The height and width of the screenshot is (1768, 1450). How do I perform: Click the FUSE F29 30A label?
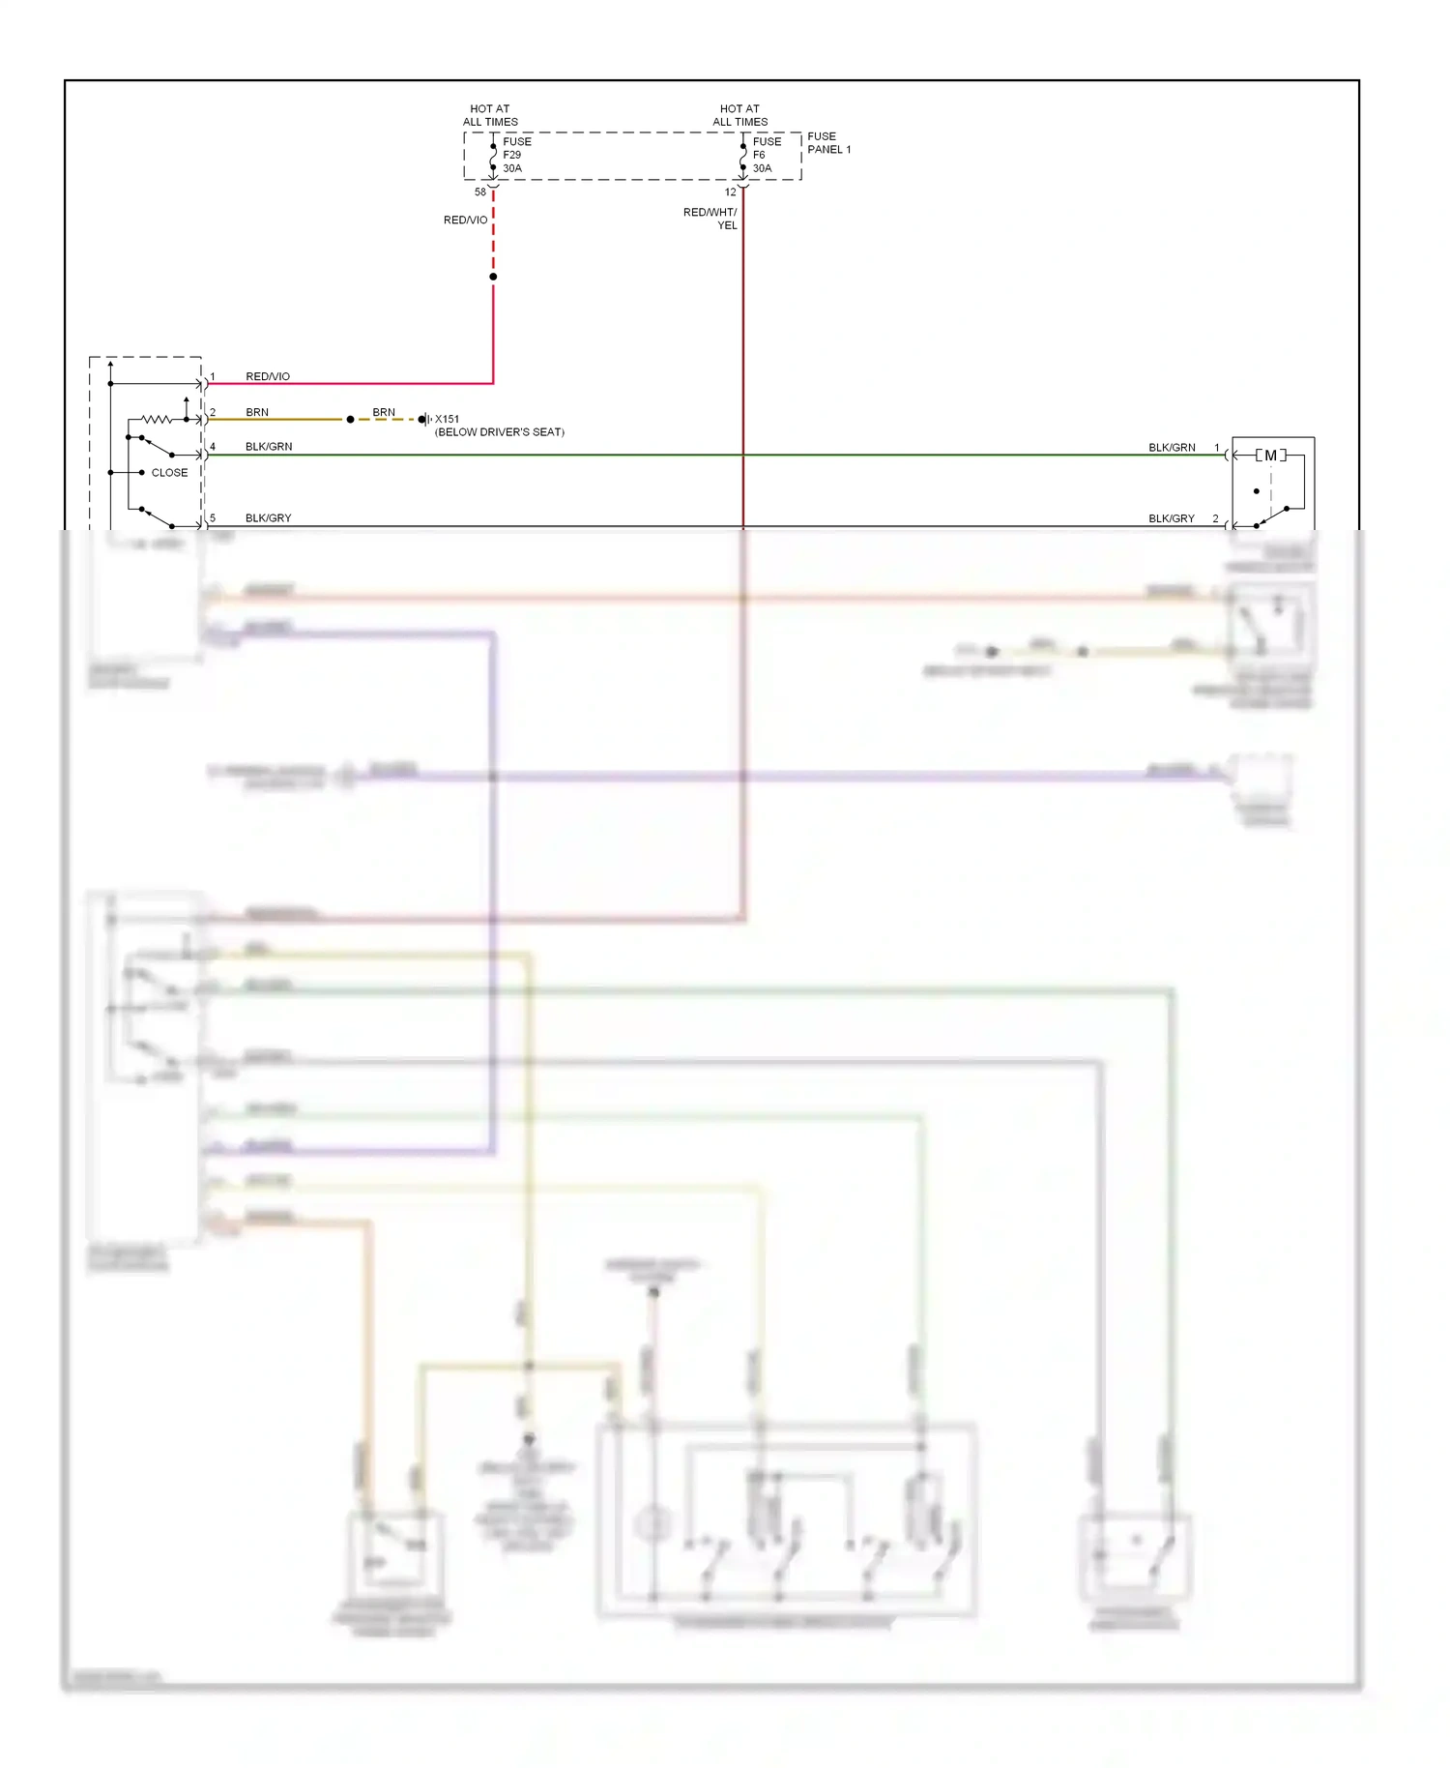tap(516, 155)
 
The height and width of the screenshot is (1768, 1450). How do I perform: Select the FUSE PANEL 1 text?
tap(828, 143)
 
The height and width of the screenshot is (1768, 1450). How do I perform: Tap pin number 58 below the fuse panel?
tap(480, 192)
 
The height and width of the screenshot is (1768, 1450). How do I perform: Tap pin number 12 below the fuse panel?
tap(731, 192)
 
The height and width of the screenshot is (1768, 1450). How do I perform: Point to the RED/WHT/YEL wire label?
tap(711, 219)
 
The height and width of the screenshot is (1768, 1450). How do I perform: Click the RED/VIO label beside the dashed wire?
tap(465, 221)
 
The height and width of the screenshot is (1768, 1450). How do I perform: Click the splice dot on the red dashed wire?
tap(493, 277)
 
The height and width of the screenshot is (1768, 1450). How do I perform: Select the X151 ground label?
tap(447, 419)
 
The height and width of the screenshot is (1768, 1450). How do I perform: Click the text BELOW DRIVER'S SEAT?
tap(500, 432)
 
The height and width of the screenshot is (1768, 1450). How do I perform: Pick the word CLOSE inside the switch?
tap(169, 473)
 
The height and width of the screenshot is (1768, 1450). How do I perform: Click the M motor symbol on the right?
tap(1270, 455)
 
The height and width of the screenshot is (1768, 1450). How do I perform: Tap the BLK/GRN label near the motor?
tap(1172, 448)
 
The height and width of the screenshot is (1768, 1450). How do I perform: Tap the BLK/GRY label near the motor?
tap(1172, 519)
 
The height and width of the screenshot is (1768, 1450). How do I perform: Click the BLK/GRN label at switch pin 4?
tap(269, 447)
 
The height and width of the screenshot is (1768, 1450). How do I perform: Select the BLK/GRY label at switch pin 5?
tap(268, 518)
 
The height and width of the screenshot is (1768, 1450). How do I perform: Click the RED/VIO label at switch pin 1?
tap(268, 376)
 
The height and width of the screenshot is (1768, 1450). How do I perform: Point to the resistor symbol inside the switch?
tap(157, 420)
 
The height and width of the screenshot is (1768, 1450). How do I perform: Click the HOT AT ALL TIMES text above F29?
tap(490, 115)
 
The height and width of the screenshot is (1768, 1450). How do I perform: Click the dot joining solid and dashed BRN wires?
tap(350, 420)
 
